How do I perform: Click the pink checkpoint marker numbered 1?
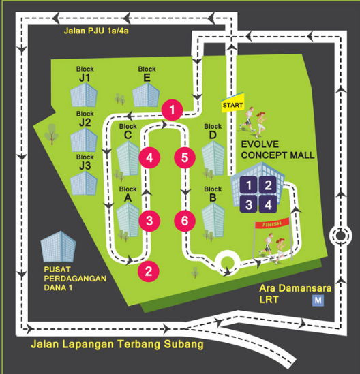pyautogui.click(x=172, y=110)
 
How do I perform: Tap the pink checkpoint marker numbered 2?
pyautogui.click(x=149, y=271)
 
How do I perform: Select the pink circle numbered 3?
pyautogui.click(x=149, y=221)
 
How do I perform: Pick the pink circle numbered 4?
pyautogui.click(x=149, y=157)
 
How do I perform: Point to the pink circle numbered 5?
pyautogui.click(x=185, y=157)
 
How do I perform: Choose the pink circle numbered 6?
pyautogui.click(x=185, y=221)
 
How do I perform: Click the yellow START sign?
pyautogui.click(x=232, y=103)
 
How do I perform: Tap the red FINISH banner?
pyautogui.click(x=272, y=223)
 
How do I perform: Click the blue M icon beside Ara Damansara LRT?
pyautogui.click(x=318, y=300)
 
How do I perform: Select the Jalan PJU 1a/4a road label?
pyautogui.click(x=96, y=31)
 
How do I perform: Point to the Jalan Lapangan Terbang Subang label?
pyautogui.click(x=117, y=344)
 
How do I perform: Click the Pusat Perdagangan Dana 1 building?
pyautogui.click(x=58, y=247)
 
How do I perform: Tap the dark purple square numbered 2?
pyautogui.click(x=268, y=185)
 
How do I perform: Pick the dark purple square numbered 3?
pyautogui.click(x=249, y=204)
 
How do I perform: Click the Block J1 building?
pyautogui.click(x=84, y=95)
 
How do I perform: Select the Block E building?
pyautogui.click(x=146, y=95)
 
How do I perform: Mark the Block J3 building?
pyautogui.click(x=84, y=183)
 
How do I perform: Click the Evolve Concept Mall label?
pyautogui.click(x=277, y=150)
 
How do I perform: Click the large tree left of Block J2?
pyautogui.click(x=51, y=134)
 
